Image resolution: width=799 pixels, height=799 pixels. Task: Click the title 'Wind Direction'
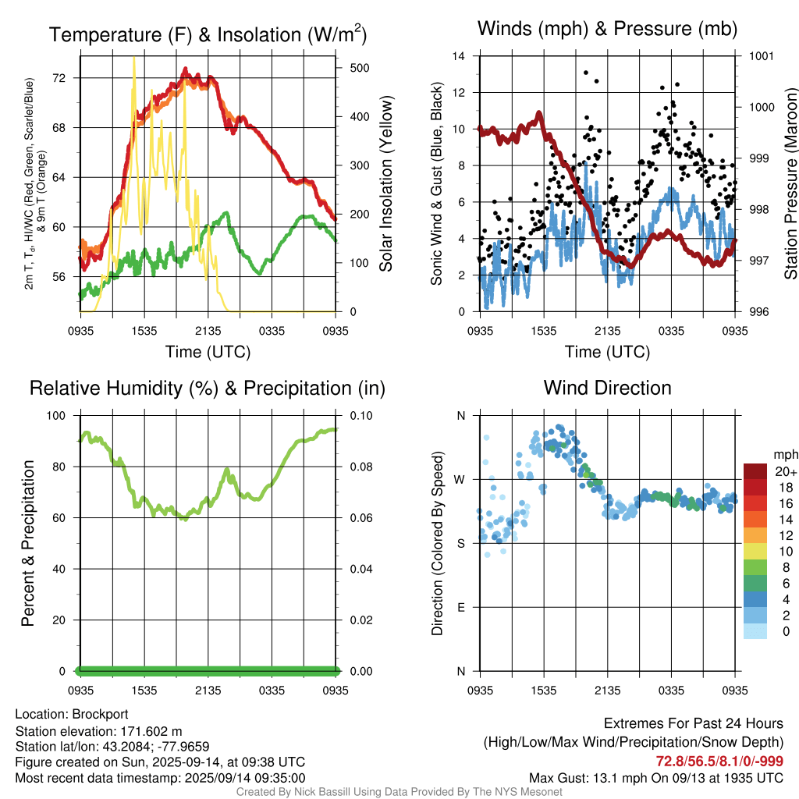coord(607,388)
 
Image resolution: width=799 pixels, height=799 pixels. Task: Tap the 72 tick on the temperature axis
coord(59,78)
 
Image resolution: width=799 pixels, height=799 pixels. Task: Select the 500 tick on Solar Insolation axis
coord(360,68)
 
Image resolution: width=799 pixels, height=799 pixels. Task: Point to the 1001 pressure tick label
coord(762,56)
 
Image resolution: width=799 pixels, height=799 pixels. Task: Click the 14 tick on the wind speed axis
coord(459,56)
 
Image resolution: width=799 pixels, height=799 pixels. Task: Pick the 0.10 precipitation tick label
coord(361,416)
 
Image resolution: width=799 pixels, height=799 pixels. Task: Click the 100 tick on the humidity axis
coord(56,416)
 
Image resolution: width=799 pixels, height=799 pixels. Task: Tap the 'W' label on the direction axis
coord(460,480)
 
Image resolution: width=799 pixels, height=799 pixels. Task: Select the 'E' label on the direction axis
coord(461,607)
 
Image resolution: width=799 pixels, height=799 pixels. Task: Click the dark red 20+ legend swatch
coord(755,471)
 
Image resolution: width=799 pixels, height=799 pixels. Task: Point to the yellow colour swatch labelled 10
coord(755,552)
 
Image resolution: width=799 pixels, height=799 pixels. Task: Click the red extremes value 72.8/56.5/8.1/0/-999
coord(719,762)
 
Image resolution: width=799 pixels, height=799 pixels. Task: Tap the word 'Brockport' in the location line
coord(100,715)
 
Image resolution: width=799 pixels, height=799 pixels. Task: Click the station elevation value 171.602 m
coord(151,732)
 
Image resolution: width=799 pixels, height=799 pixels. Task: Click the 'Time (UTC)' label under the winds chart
coord(607,352)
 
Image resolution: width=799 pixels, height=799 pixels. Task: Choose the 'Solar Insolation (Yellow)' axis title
coord(386,183)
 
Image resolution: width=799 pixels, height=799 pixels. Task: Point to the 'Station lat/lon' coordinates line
coord(112,747)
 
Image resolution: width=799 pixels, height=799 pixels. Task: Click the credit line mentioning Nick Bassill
coord(399,792)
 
